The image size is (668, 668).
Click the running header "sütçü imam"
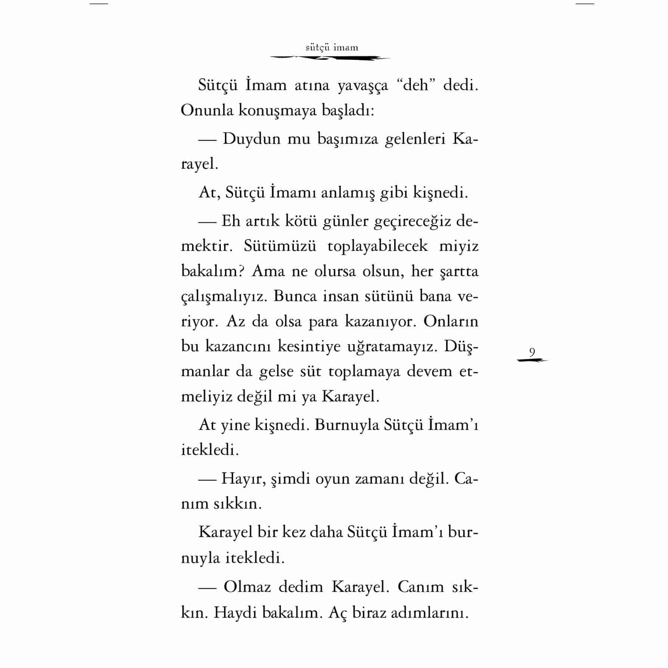(x=332, y=48)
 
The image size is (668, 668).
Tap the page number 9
(x=532, y=352)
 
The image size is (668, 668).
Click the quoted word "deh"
(x=415, y=86)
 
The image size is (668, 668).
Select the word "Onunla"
(x=207, y=111)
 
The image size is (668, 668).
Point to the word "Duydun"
(x=251, y=139)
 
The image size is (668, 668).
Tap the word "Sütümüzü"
(x=280, y=246)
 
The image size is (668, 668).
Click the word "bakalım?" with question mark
(x=212, y=271)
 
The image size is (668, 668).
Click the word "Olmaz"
(x=247, y=587)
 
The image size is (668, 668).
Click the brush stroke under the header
(x=330, y=58)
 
